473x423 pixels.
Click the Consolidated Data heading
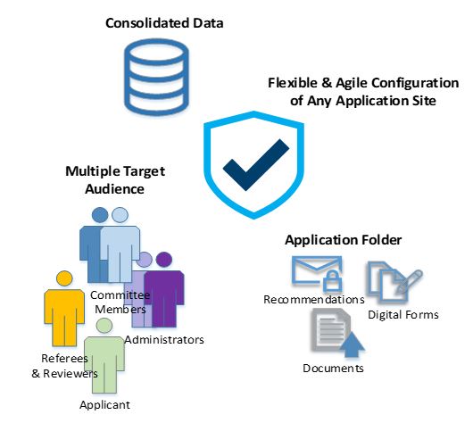(164, 23)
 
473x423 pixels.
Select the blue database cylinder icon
(156, 78)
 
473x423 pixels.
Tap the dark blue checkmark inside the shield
(256, 165)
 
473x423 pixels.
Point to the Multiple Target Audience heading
(115, 180)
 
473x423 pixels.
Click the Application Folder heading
(344, 240)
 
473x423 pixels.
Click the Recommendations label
(314, 300)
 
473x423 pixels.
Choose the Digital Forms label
(403, 315)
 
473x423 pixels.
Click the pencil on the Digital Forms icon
(410, 281)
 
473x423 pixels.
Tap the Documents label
(333, 368)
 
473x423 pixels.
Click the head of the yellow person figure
(64, 278)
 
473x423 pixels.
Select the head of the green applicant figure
(104, 325)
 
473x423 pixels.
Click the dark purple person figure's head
(164, 260)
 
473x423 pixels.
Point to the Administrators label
(164, 340)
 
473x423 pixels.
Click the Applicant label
(104, 405)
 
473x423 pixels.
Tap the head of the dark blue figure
(100, 215)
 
